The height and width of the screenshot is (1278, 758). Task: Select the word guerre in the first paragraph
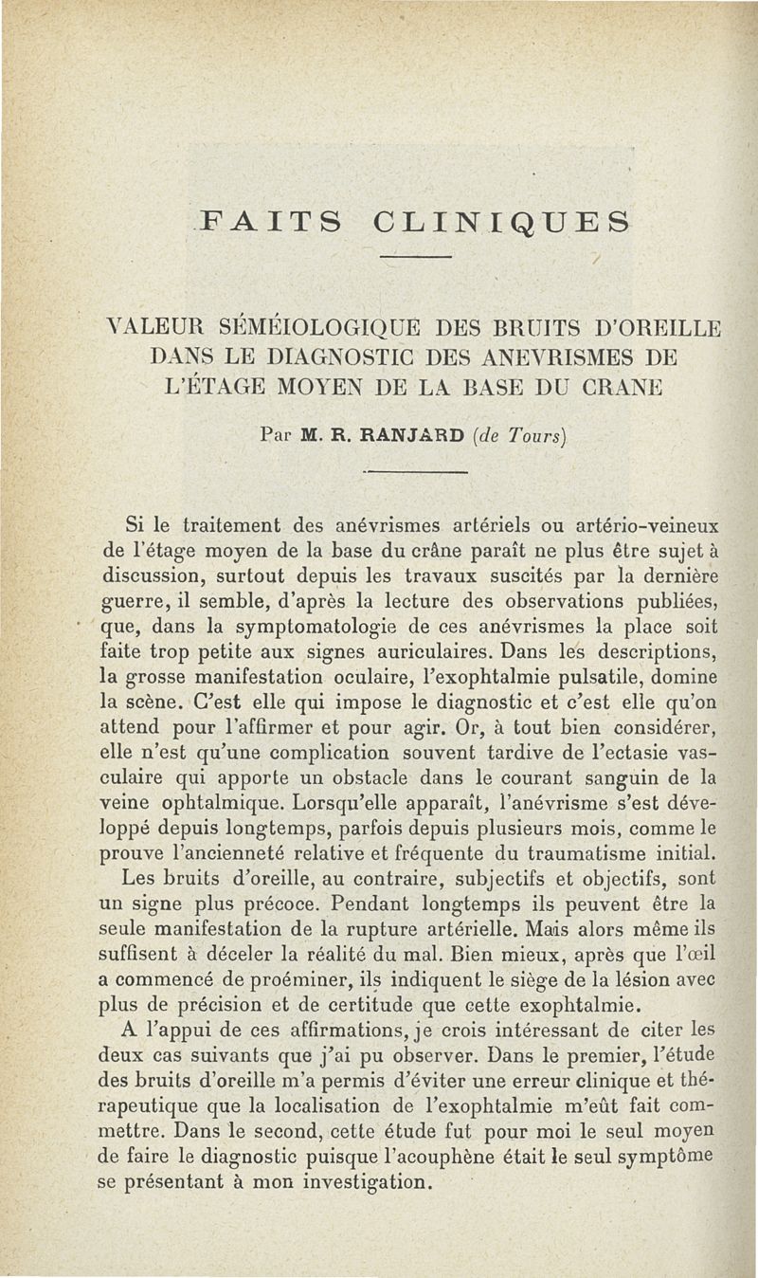pos(134,601)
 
